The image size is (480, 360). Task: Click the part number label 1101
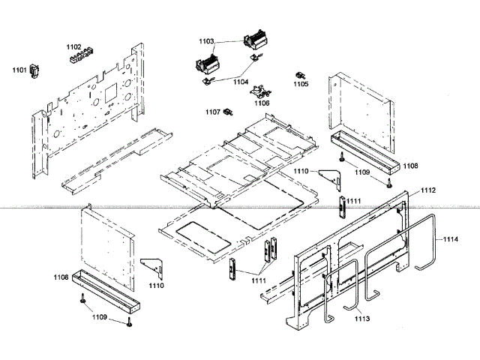click(19, 70)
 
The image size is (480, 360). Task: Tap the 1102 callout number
click(73, 46)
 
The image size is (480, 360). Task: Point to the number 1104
click(241, 81)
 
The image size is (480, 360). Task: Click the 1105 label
click(301, 85)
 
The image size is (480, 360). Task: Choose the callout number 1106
click(262, 103)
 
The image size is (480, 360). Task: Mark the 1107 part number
click(212, 112)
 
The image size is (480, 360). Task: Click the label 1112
click(427, 190)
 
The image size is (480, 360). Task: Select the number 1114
click(450, 239)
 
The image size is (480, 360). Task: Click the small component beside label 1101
click(34, 72)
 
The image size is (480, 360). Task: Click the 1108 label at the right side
click(410, 165)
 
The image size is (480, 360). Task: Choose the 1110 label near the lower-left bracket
click(157, 286)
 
